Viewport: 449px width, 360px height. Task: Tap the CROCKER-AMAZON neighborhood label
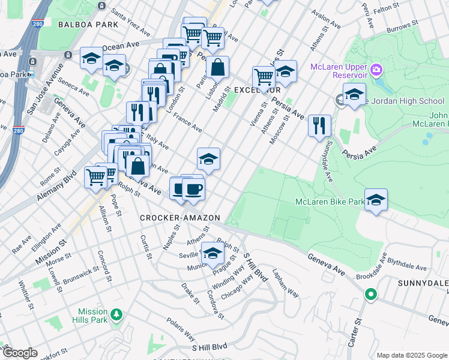pos(180,217)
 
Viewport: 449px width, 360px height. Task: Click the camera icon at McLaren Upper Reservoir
pos(376,70)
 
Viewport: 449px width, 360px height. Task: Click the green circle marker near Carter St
pos(371,295)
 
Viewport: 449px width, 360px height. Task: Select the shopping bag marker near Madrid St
pos(217,67)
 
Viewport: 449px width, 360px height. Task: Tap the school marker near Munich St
pos(212,253)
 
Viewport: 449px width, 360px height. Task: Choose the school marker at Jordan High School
pos(354,94)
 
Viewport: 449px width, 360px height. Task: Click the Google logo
pos(20,353)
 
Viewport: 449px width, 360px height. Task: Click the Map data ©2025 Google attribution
pos(412,355)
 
